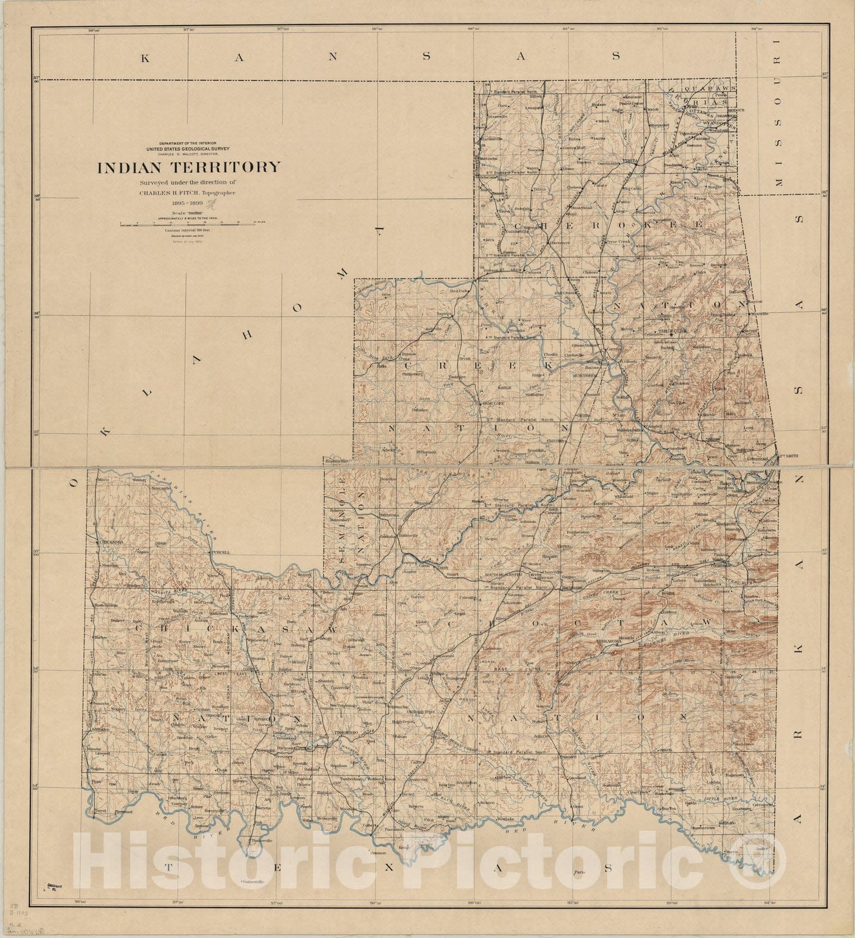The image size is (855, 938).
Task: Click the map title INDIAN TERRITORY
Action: click(x=189, y=168)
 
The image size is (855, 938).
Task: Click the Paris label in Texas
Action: click(x=580, y=872)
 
